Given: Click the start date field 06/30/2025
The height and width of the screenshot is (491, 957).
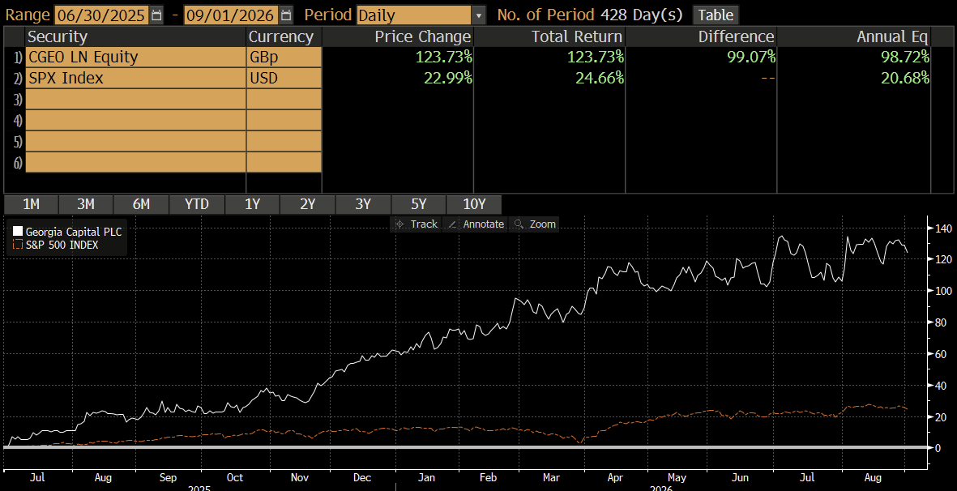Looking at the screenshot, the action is coord(101,15).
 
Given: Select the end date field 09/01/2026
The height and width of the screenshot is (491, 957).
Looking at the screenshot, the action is coord(231,15).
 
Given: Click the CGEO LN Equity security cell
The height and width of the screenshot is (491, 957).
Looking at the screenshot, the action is coord(135,58).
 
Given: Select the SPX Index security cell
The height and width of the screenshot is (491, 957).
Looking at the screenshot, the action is coord(135,78).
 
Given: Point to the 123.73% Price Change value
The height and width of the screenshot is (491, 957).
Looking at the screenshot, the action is coord(444,58).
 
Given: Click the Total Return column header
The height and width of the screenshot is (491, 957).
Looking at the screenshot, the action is coord(577,36).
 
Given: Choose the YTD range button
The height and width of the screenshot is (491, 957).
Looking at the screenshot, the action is coord(197,204).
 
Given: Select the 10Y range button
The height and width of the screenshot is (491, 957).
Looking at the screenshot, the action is coord(473,204).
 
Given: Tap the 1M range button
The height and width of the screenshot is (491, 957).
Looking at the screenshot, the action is coord(31,204).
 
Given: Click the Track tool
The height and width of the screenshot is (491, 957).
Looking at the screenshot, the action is coord(416,224).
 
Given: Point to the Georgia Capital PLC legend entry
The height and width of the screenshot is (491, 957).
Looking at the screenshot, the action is coord(71,232).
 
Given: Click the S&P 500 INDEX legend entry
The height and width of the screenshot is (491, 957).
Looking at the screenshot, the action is coord(56,245).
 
